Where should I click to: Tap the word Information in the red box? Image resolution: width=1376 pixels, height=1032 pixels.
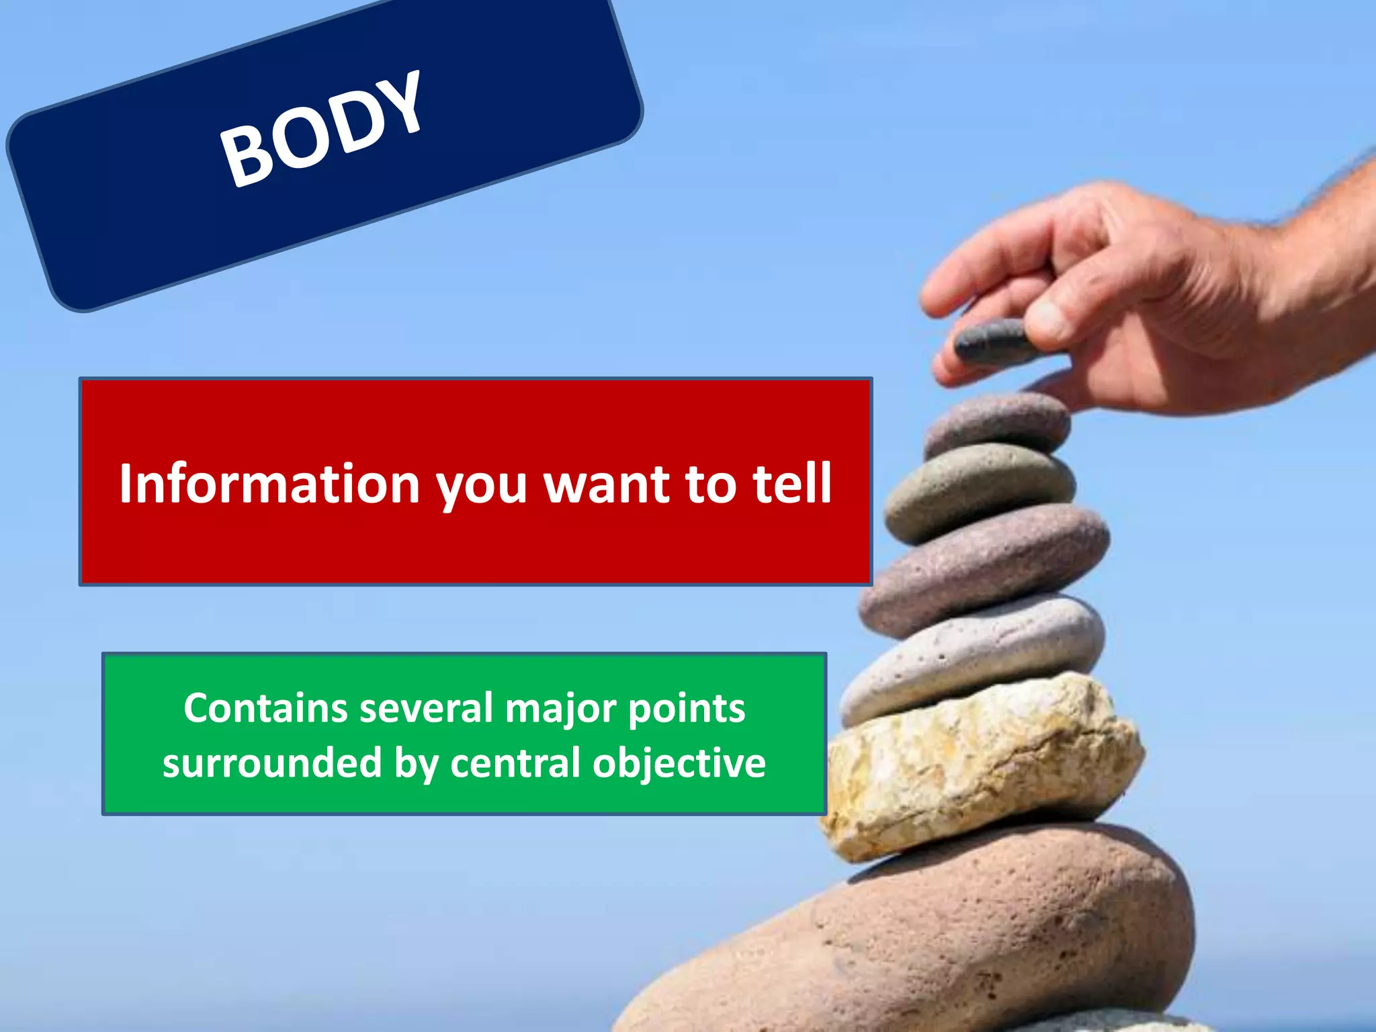click(x=269, y=483)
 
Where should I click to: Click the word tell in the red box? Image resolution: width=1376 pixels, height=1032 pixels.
click(x=793, y=483)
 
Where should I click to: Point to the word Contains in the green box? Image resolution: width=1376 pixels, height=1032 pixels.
click(x=265, y=708)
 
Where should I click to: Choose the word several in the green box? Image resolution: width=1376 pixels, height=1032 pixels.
click(x=426, y=708)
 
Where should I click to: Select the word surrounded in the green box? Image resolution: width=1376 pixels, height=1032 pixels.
click(x=272, y=763)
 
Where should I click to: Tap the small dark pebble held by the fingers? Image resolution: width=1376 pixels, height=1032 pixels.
click(x=992, y=341)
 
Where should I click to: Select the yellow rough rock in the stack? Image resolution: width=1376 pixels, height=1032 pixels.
click(x=981, y=766)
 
